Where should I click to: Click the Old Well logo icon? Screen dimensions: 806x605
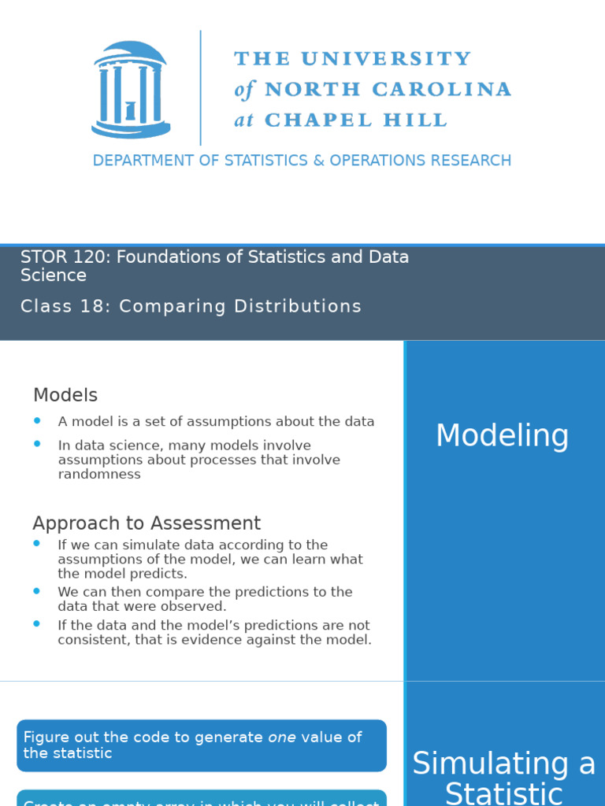(131, 89)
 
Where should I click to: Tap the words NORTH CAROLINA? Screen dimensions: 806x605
(388, 90)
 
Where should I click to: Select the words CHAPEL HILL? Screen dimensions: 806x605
(355, 120)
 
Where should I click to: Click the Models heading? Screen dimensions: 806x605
(65, 395)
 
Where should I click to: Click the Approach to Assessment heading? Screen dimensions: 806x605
(147, 523)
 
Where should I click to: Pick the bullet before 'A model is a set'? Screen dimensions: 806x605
(37, 421)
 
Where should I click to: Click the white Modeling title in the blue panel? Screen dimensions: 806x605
(503, 436)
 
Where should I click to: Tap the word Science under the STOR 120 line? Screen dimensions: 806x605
(54, 275)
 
